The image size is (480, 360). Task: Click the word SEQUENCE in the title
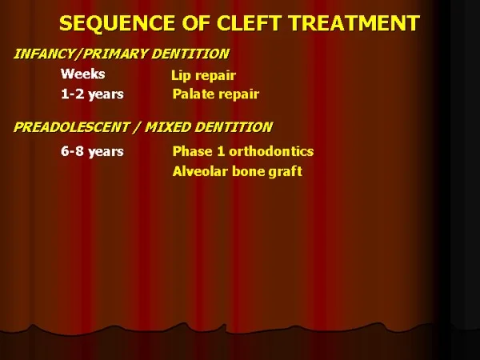[x=117, y=23]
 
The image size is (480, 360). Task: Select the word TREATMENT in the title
[x=354, y=23]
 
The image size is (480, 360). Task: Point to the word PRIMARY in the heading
[x=115, y=54]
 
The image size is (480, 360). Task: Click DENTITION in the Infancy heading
[x=190, y=54]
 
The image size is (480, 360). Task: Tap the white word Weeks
[x=82, y=74]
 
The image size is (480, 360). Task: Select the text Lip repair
[x=203, y=76]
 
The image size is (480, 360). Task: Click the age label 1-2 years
[x=92, y=94]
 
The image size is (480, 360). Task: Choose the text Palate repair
[x=216, y=94]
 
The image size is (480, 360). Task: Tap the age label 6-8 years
[x=92, y=151]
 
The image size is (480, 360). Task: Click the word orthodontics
[x=271, y=151]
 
